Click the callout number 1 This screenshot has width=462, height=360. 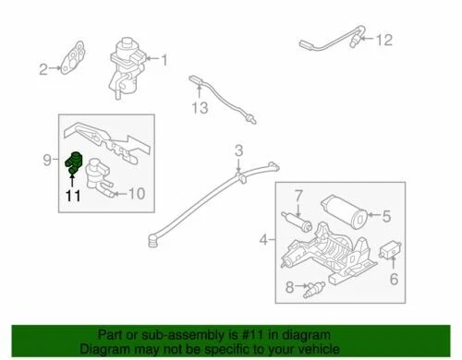(x=165, y=62)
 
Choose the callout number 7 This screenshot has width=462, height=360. (x=298, y=196)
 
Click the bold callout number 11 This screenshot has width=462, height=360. (x=72, y=195)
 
